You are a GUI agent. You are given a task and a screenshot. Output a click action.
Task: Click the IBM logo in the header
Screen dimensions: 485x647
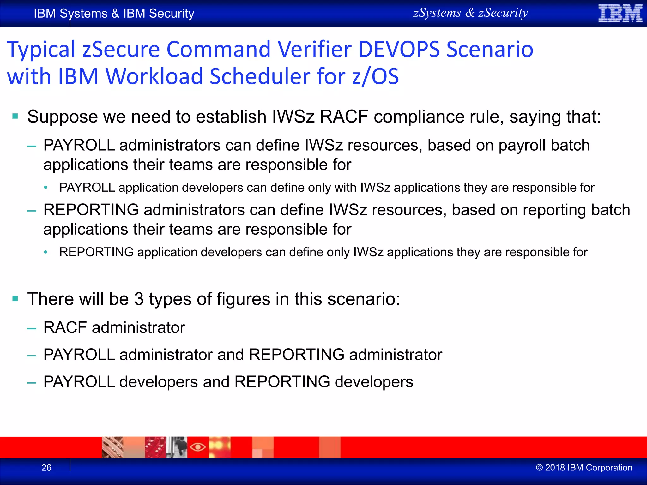click(x=620, y=13)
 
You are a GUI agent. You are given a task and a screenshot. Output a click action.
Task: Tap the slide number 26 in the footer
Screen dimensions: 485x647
click(x=46, y=468)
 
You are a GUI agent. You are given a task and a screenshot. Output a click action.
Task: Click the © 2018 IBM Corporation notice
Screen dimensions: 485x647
click(x=584, y=468)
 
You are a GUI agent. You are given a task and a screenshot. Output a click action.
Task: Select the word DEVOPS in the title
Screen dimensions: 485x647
click(x=399, y=50)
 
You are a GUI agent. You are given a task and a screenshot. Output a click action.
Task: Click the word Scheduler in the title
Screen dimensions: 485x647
click(x=260, y=77)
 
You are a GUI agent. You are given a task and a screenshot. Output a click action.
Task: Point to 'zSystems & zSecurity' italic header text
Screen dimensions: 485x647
click(x=470, y=13)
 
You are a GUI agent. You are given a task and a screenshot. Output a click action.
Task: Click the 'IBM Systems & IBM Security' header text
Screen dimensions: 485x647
click(x=114, y=14)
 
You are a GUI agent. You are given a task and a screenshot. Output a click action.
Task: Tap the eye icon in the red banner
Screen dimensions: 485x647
click(x=198, y=447)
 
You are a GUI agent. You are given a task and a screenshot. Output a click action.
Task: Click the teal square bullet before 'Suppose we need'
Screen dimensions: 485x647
click(x=15, y=116)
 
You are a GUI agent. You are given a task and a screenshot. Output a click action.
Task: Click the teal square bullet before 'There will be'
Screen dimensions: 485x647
click(x=15, y=298)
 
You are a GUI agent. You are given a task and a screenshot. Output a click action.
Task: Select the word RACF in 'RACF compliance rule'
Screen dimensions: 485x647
click(x=344, y=117)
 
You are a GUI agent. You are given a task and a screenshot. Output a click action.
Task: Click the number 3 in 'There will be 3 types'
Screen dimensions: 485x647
click(x=139, y=299)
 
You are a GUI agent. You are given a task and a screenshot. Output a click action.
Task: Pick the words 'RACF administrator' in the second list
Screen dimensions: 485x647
click(x=114, y=327)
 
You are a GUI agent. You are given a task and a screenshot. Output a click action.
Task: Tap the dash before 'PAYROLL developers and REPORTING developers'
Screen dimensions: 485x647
click(x=32, y=383)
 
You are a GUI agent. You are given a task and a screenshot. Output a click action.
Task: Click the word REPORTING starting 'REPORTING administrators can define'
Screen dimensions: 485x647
click(x=91, y=210)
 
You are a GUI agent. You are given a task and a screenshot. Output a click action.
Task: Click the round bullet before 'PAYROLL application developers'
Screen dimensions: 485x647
click(x=46, y=188)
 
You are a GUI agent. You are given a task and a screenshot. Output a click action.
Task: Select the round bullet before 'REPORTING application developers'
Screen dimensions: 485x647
click(x=46, y=252)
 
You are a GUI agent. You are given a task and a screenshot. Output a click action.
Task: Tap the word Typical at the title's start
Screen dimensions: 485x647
click(x=41, y=50)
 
